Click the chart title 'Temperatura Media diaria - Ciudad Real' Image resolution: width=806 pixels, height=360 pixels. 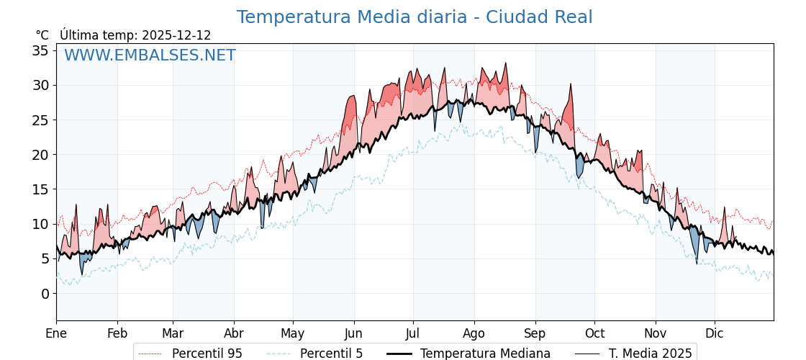click(415, 17)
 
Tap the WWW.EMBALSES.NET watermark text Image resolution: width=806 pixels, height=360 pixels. click(150, 55)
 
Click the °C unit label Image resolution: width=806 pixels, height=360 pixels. click(42, 35)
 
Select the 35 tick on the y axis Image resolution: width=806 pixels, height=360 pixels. click(40, 50)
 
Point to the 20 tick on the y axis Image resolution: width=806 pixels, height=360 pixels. click(40, 154)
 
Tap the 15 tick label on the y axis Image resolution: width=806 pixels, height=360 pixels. click(40, 189)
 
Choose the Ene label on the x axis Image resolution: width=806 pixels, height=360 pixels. click(56, 333)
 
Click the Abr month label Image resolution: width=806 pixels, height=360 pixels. click(234, 333)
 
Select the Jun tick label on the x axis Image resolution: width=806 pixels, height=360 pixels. click(353, 333)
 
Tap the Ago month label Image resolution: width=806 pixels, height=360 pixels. click(474, 333)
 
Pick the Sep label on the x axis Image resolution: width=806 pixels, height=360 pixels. click(535, 333)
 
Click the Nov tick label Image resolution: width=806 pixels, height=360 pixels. click(656, 333)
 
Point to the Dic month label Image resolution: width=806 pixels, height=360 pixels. click(715, 333)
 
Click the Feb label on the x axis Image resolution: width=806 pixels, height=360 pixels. click(117, 333)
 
